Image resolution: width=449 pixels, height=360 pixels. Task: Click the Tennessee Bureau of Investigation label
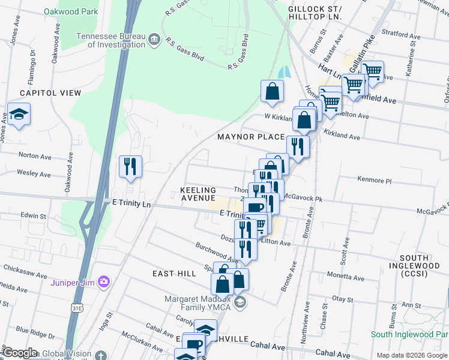click(x=110, y=40)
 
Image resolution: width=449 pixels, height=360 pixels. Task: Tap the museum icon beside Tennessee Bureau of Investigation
click(x=154, y=40)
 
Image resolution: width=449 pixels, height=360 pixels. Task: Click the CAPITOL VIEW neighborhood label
click(x=50, y=93)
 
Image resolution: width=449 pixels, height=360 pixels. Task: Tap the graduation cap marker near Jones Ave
click(x=19, y=115)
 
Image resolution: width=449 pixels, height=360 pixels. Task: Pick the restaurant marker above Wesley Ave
click(x=130, y=166)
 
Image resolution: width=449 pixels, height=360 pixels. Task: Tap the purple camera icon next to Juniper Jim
click(x=104, y=281)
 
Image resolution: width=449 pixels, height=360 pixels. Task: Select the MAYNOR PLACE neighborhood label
click(x=250, y=137)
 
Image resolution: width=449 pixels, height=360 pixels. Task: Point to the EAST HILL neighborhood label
click(x=174, y=274)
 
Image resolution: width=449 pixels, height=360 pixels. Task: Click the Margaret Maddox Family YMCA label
click(x=197, y=305)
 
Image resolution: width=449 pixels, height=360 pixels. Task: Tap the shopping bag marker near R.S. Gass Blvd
click(x=272, y=92)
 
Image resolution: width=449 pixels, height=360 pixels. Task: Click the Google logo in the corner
click(x=20, y=353)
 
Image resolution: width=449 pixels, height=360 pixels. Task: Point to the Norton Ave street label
click(x=35, y=155)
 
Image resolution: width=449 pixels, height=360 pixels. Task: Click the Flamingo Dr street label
click(x=32, y=62)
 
